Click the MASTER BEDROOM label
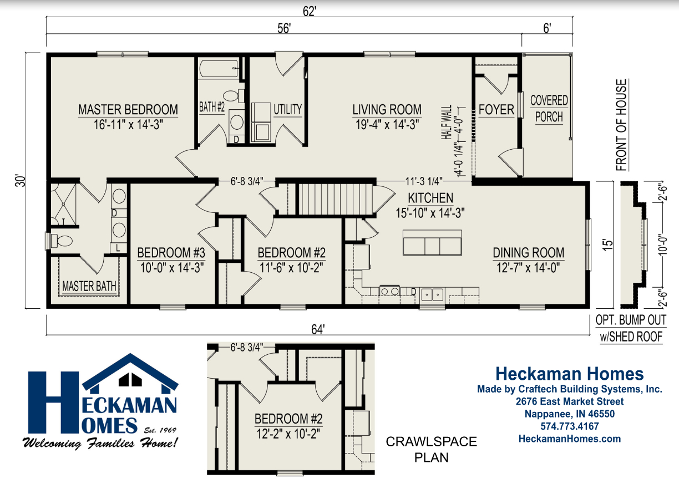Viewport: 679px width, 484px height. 128,109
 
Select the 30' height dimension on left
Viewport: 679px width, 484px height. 20,181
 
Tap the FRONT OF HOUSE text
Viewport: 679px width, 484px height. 621,125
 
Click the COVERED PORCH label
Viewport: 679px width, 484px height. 549,109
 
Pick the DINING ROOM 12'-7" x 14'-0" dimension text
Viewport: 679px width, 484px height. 528,267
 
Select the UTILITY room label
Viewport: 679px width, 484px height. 287,109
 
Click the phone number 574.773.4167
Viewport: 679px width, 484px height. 570,426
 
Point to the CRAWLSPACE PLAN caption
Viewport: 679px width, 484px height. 431,449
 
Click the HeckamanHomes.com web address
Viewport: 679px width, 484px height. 570,439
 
